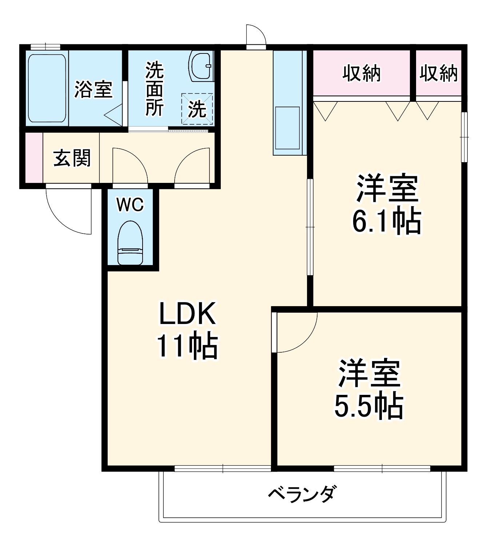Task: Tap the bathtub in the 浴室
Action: pos(47,88)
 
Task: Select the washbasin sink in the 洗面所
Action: pos(201,65)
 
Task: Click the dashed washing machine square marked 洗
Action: pos(197,109)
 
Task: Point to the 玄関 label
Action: pos(72,158)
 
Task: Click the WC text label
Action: pos(130,205)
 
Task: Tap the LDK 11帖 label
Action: pos(187,329)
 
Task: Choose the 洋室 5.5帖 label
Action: pos(369,389)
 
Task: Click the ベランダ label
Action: pos(302,493)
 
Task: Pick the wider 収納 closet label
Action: pos(362,73)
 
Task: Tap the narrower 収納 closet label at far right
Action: pos(439,73)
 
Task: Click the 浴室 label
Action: pos(93,89)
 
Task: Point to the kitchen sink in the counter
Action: pos(287,128)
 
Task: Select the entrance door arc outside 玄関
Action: pos(65,215)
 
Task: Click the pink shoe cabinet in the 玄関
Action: pos(34,158)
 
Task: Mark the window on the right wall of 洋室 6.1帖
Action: pos(464,137)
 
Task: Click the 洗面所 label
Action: pos(155,89)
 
